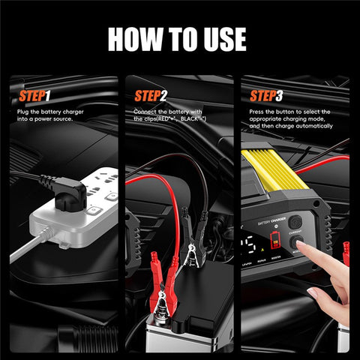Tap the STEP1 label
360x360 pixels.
point(34,96)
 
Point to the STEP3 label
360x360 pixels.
point(267,96)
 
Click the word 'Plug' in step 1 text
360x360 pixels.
point(23,112)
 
